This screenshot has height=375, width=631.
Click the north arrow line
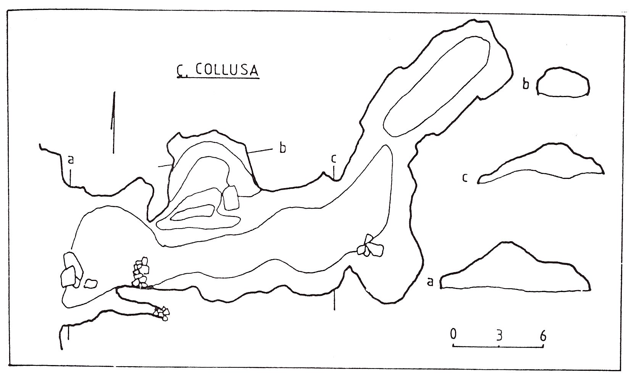point(113,122)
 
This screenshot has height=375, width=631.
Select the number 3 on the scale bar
point(499,335)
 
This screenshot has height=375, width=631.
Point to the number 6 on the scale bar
point(543,335)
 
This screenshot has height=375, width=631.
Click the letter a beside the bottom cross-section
point(430,282)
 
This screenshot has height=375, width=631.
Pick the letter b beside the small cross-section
point(526,84)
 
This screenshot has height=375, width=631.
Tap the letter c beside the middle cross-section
point(465,178)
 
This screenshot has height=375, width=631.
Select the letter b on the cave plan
point(282,148)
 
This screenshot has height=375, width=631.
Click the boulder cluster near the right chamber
point(369,247)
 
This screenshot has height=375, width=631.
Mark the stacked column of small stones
point(140,272)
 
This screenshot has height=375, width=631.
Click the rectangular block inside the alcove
point(231,197)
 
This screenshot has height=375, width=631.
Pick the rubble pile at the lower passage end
point(162,313)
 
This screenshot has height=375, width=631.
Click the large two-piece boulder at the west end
point(71,269)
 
